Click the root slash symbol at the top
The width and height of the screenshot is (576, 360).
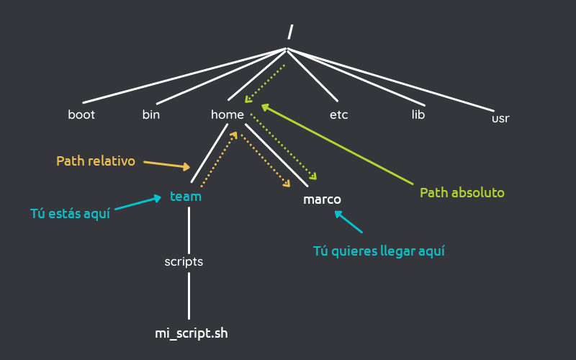[x=290, y=32]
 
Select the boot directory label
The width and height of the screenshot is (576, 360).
[x=81, y=114]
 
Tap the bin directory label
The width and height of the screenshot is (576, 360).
[x=150, y=114]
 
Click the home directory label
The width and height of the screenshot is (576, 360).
[x=228, y=114]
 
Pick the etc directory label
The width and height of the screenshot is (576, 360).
[x=338, y=114]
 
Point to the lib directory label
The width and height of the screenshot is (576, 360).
[x=418, y=114]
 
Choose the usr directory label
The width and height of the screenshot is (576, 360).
[x=500, y=118]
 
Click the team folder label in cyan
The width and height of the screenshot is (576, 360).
[x=186, y=196]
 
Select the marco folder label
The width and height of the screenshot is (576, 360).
[x=322, y=199]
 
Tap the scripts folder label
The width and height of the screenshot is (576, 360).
[x=184, y=262]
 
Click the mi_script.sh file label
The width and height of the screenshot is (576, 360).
[x=192, y=333]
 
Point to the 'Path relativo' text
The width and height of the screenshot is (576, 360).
[x=96, y=161]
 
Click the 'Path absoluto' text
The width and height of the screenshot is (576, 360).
[x=462, y=193]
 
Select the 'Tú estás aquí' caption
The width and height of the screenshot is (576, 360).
[x=70, y=214]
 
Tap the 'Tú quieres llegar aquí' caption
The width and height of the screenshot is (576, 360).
[x=379, y=251]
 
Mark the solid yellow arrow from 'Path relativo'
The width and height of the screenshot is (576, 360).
[x=167, y=166]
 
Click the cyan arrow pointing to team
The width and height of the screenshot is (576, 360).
[x=137, y=204]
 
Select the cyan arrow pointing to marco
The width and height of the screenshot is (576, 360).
[x=349, y=222]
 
